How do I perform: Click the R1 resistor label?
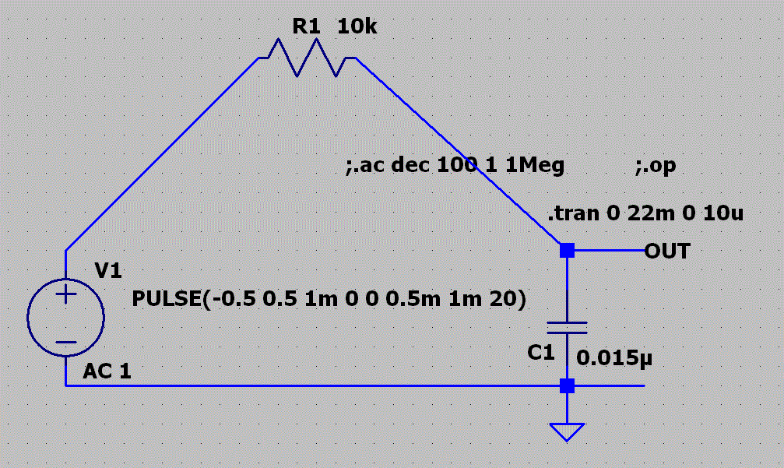click(306, 27)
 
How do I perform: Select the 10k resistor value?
click(357, 27)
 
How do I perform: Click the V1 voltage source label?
click(108, 271)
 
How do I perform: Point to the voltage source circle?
click(66, 318)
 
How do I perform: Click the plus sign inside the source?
click(66, 294)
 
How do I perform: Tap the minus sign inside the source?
click(66, 342)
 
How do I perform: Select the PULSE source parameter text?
click(329, 299)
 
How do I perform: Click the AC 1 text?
click(107, 371)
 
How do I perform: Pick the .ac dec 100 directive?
click(455, 166)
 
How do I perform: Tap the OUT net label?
click(667, 251)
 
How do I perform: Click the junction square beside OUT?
click(568, 251)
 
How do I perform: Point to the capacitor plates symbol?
click(568, 326)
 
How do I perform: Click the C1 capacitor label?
click(541, 353)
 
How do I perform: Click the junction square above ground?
click(568, 385)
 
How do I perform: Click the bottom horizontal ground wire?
click(311, 385)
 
